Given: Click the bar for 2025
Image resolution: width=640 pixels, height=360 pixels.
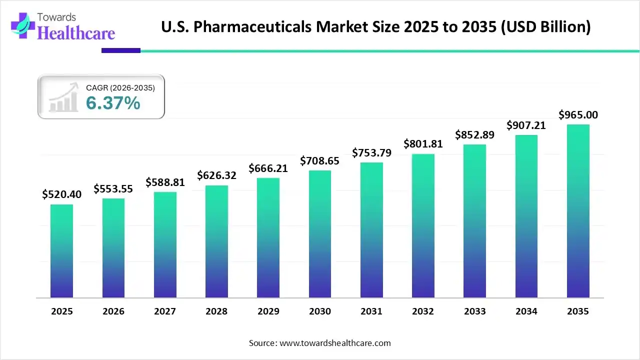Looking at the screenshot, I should click(61, 251).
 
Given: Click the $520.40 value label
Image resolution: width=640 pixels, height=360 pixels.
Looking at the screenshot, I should click(61, 194).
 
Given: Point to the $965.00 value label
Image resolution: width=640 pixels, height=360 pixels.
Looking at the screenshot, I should click(578, 115).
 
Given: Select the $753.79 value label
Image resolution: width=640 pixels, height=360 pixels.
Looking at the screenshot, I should click(371, 152).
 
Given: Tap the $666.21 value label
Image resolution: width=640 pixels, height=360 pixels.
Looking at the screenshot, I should click(268, 168).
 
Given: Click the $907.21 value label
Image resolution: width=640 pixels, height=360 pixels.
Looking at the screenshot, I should click(526, 125).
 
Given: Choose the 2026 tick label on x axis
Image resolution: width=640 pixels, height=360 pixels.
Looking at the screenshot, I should click(113, 311).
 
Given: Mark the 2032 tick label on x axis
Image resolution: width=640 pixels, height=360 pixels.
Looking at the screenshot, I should click(423, 311).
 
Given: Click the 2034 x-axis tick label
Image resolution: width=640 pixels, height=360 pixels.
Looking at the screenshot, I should click(526, 311).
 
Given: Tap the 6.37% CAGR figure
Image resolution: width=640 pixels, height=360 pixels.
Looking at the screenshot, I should click(113, 103).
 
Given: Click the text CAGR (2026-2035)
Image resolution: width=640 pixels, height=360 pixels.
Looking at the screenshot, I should click(120, 87).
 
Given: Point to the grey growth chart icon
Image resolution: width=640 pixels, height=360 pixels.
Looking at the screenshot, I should click(64, 97).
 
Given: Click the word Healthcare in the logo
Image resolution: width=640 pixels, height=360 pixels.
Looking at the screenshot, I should click(76, 32).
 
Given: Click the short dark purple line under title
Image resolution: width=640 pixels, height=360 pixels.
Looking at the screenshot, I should click(121, 50).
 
